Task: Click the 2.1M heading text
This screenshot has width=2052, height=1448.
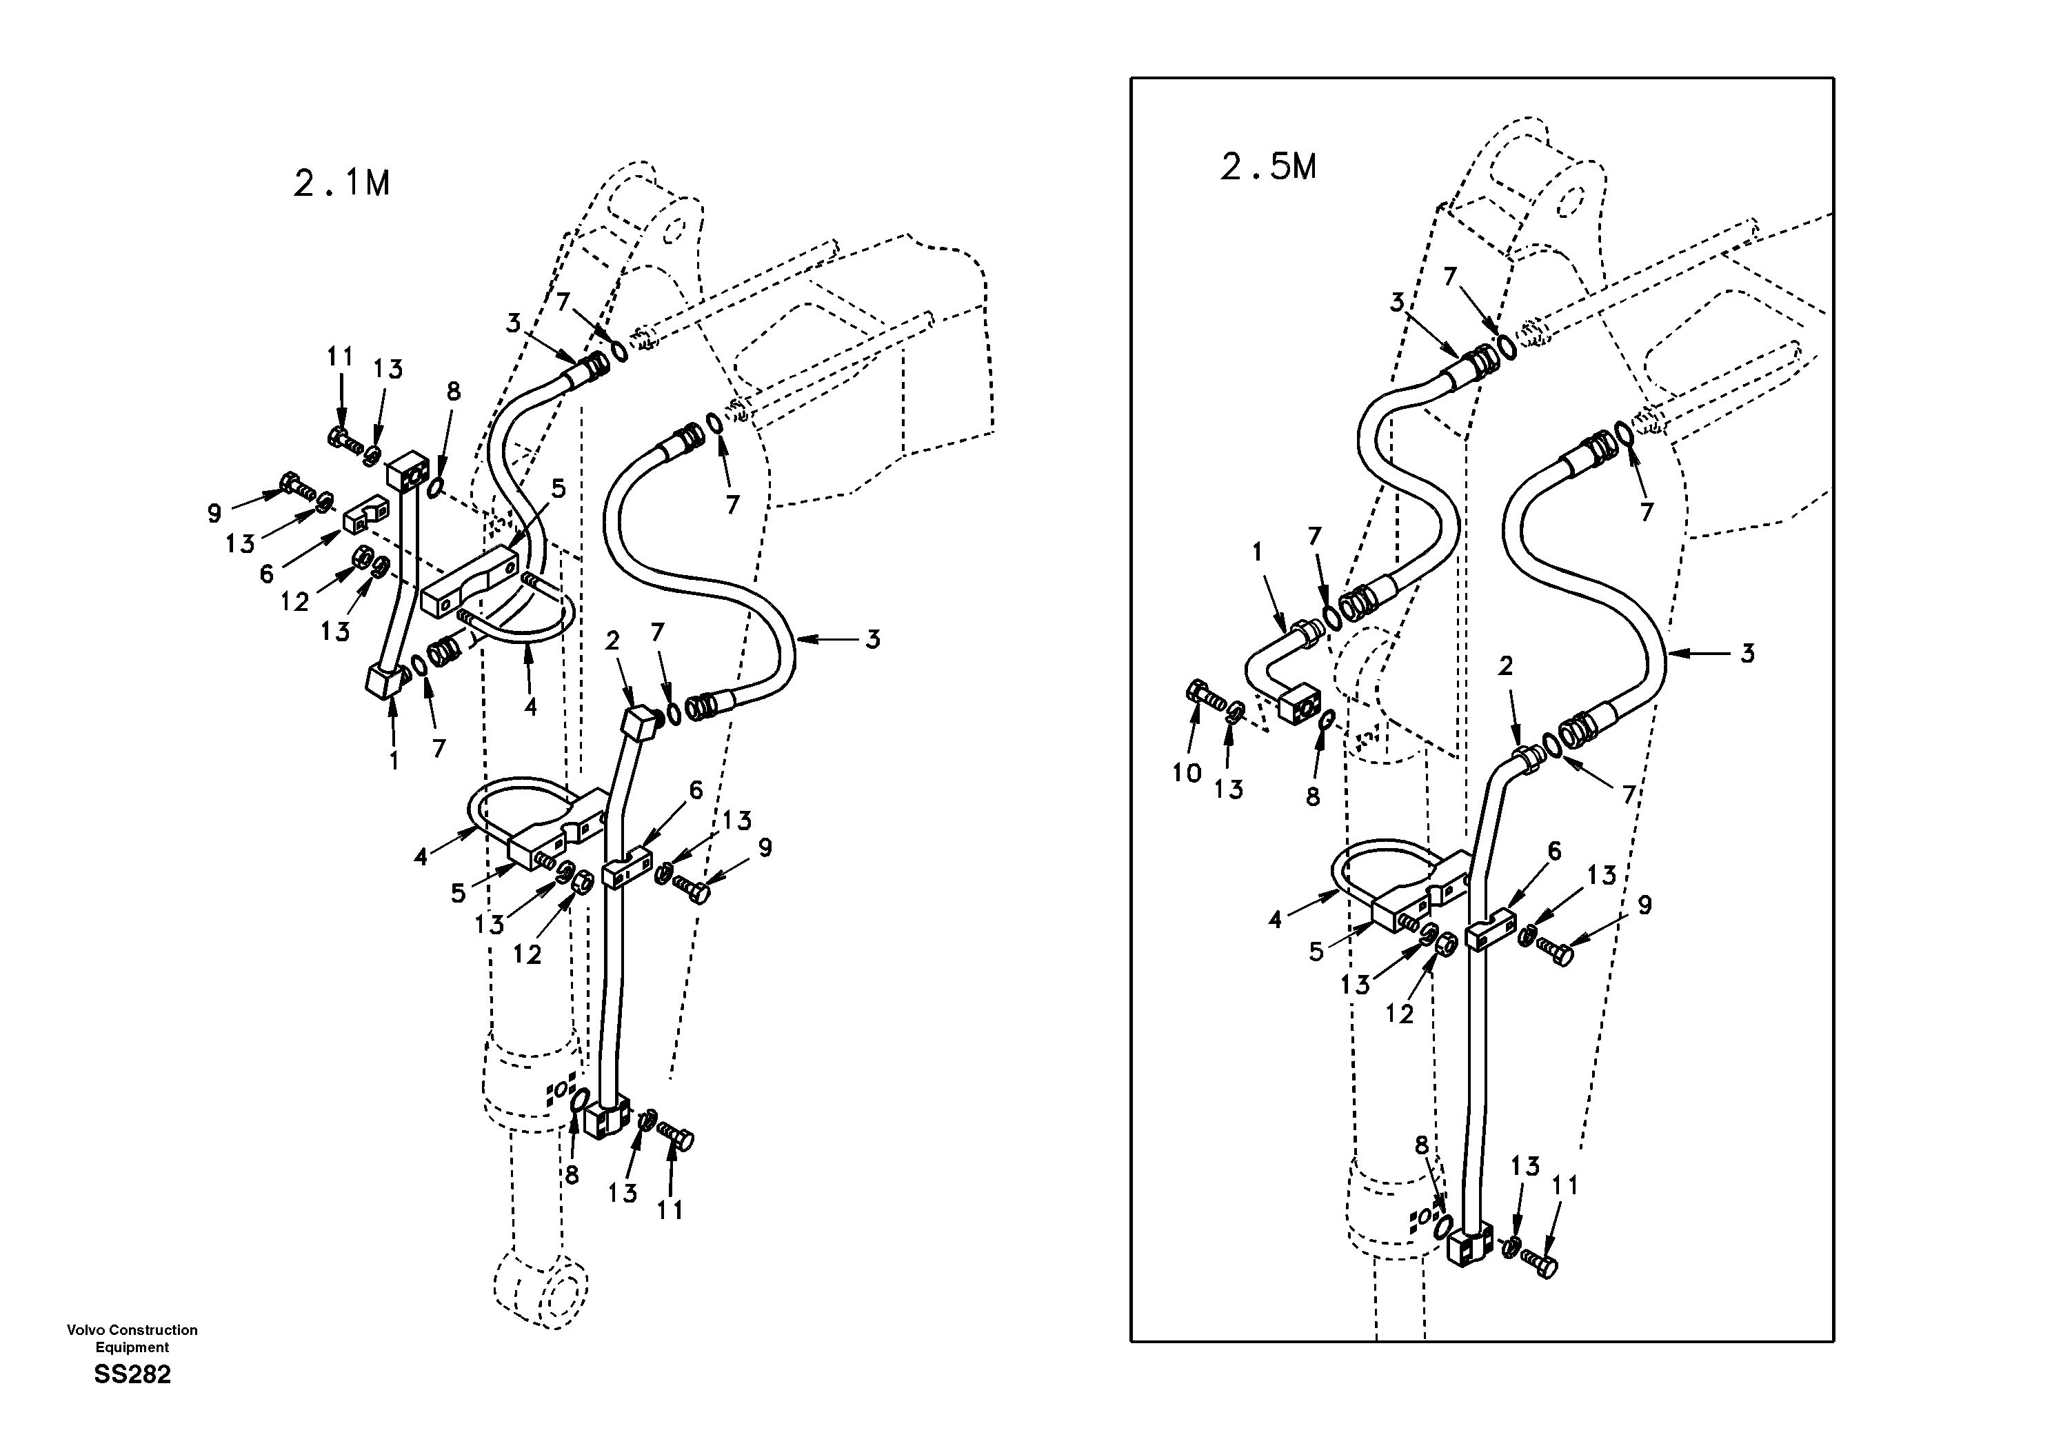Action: [342, 183]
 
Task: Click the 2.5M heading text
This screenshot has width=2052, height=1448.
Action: [1268, 166]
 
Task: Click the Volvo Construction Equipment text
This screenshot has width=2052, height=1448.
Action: [132, 1338]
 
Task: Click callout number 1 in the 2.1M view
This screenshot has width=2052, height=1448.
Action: [393, 761]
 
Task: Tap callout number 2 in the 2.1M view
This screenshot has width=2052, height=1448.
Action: [612, 640]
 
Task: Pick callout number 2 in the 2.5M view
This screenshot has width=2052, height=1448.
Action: [1506, 666]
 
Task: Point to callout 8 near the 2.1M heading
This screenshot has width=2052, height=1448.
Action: [453, 392]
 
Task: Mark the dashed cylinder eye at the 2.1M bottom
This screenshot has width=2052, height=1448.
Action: [541, 1292]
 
